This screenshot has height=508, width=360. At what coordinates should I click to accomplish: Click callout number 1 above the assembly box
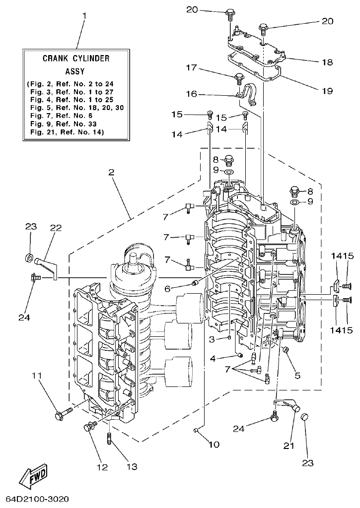[x=84, y=16]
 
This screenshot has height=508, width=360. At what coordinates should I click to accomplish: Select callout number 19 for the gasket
[x=327, y=91]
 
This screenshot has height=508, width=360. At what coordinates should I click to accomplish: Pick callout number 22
[x=55, y=227]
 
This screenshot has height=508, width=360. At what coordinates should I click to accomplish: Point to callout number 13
[x=132, y=467]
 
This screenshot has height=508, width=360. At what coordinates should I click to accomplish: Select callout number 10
[x=214, y=444]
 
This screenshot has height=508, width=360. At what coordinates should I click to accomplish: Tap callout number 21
[x=288, y=445]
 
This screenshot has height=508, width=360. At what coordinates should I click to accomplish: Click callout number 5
[x=297, y=376]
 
